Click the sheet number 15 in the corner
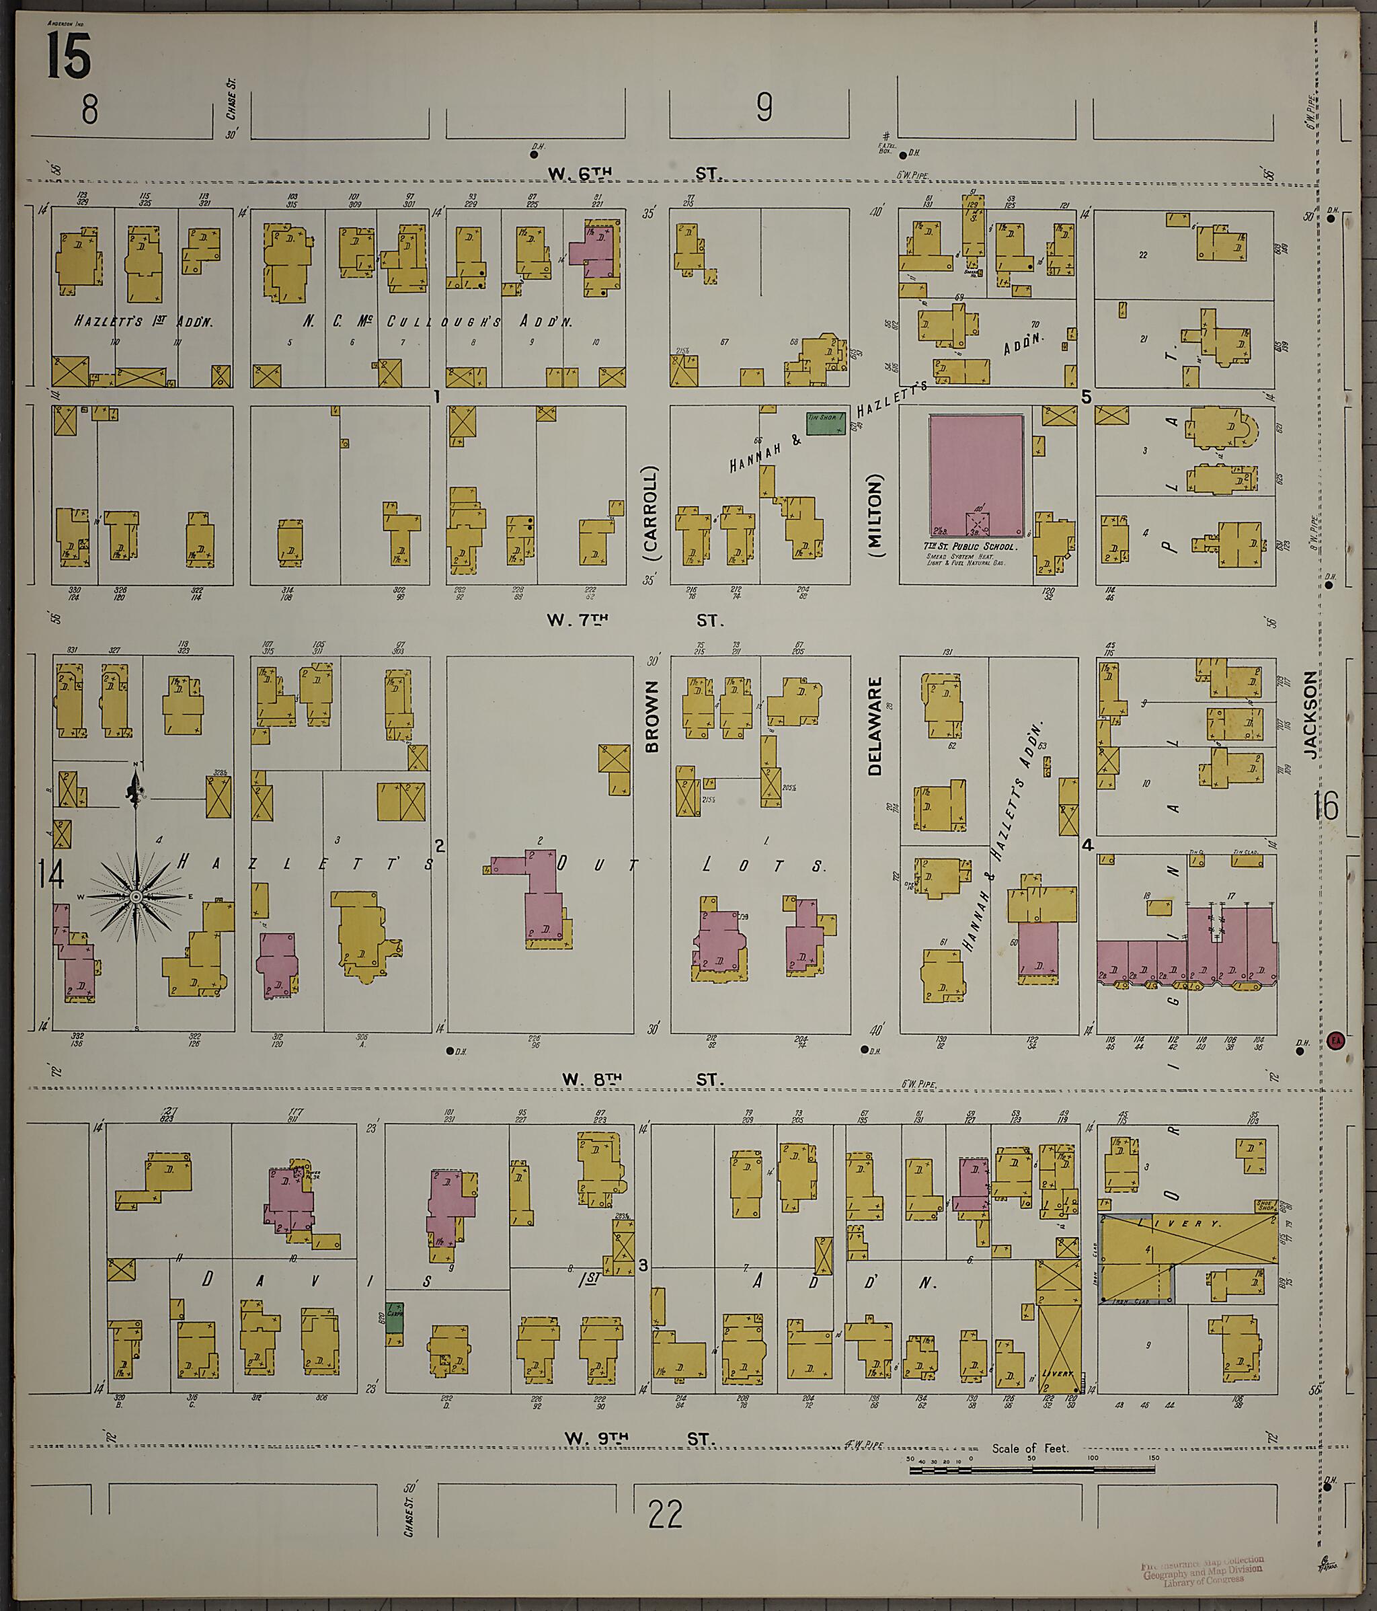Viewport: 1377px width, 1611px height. [69, 56]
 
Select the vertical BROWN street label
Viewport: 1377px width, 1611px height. [652, 716]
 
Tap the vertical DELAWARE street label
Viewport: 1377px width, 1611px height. [875, 726]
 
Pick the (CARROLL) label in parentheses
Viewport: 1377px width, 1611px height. [651, 514]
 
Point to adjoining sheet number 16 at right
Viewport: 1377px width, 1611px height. [1327, 806]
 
